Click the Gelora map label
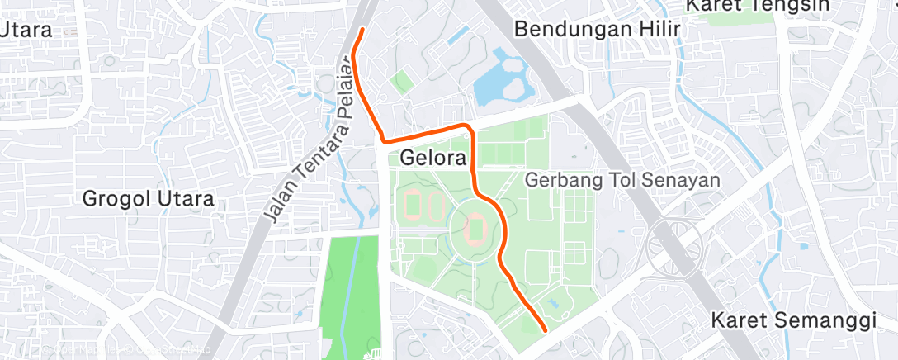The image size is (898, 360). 433,157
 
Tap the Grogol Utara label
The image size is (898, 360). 149,198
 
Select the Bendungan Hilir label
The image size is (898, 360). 597,29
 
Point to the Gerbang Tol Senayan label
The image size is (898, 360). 623,179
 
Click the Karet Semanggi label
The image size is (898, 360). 793,320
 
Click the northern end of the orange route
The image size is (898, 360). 363,30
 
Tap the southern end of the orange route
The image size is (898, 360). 545,330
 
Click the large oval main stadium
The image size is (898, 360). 475,225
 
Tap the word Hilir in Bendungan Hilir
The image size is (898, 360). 658,29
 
